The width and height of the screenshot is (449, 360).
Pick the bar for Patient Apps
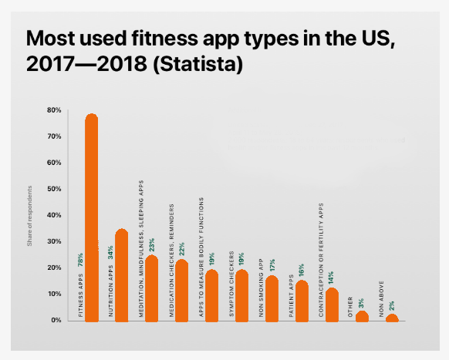tap(302, 301)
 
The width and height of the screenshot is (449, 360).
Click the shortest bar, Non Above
tap(392, 317)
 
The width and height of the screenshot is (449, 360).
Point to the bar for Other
tap(362, 316)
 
